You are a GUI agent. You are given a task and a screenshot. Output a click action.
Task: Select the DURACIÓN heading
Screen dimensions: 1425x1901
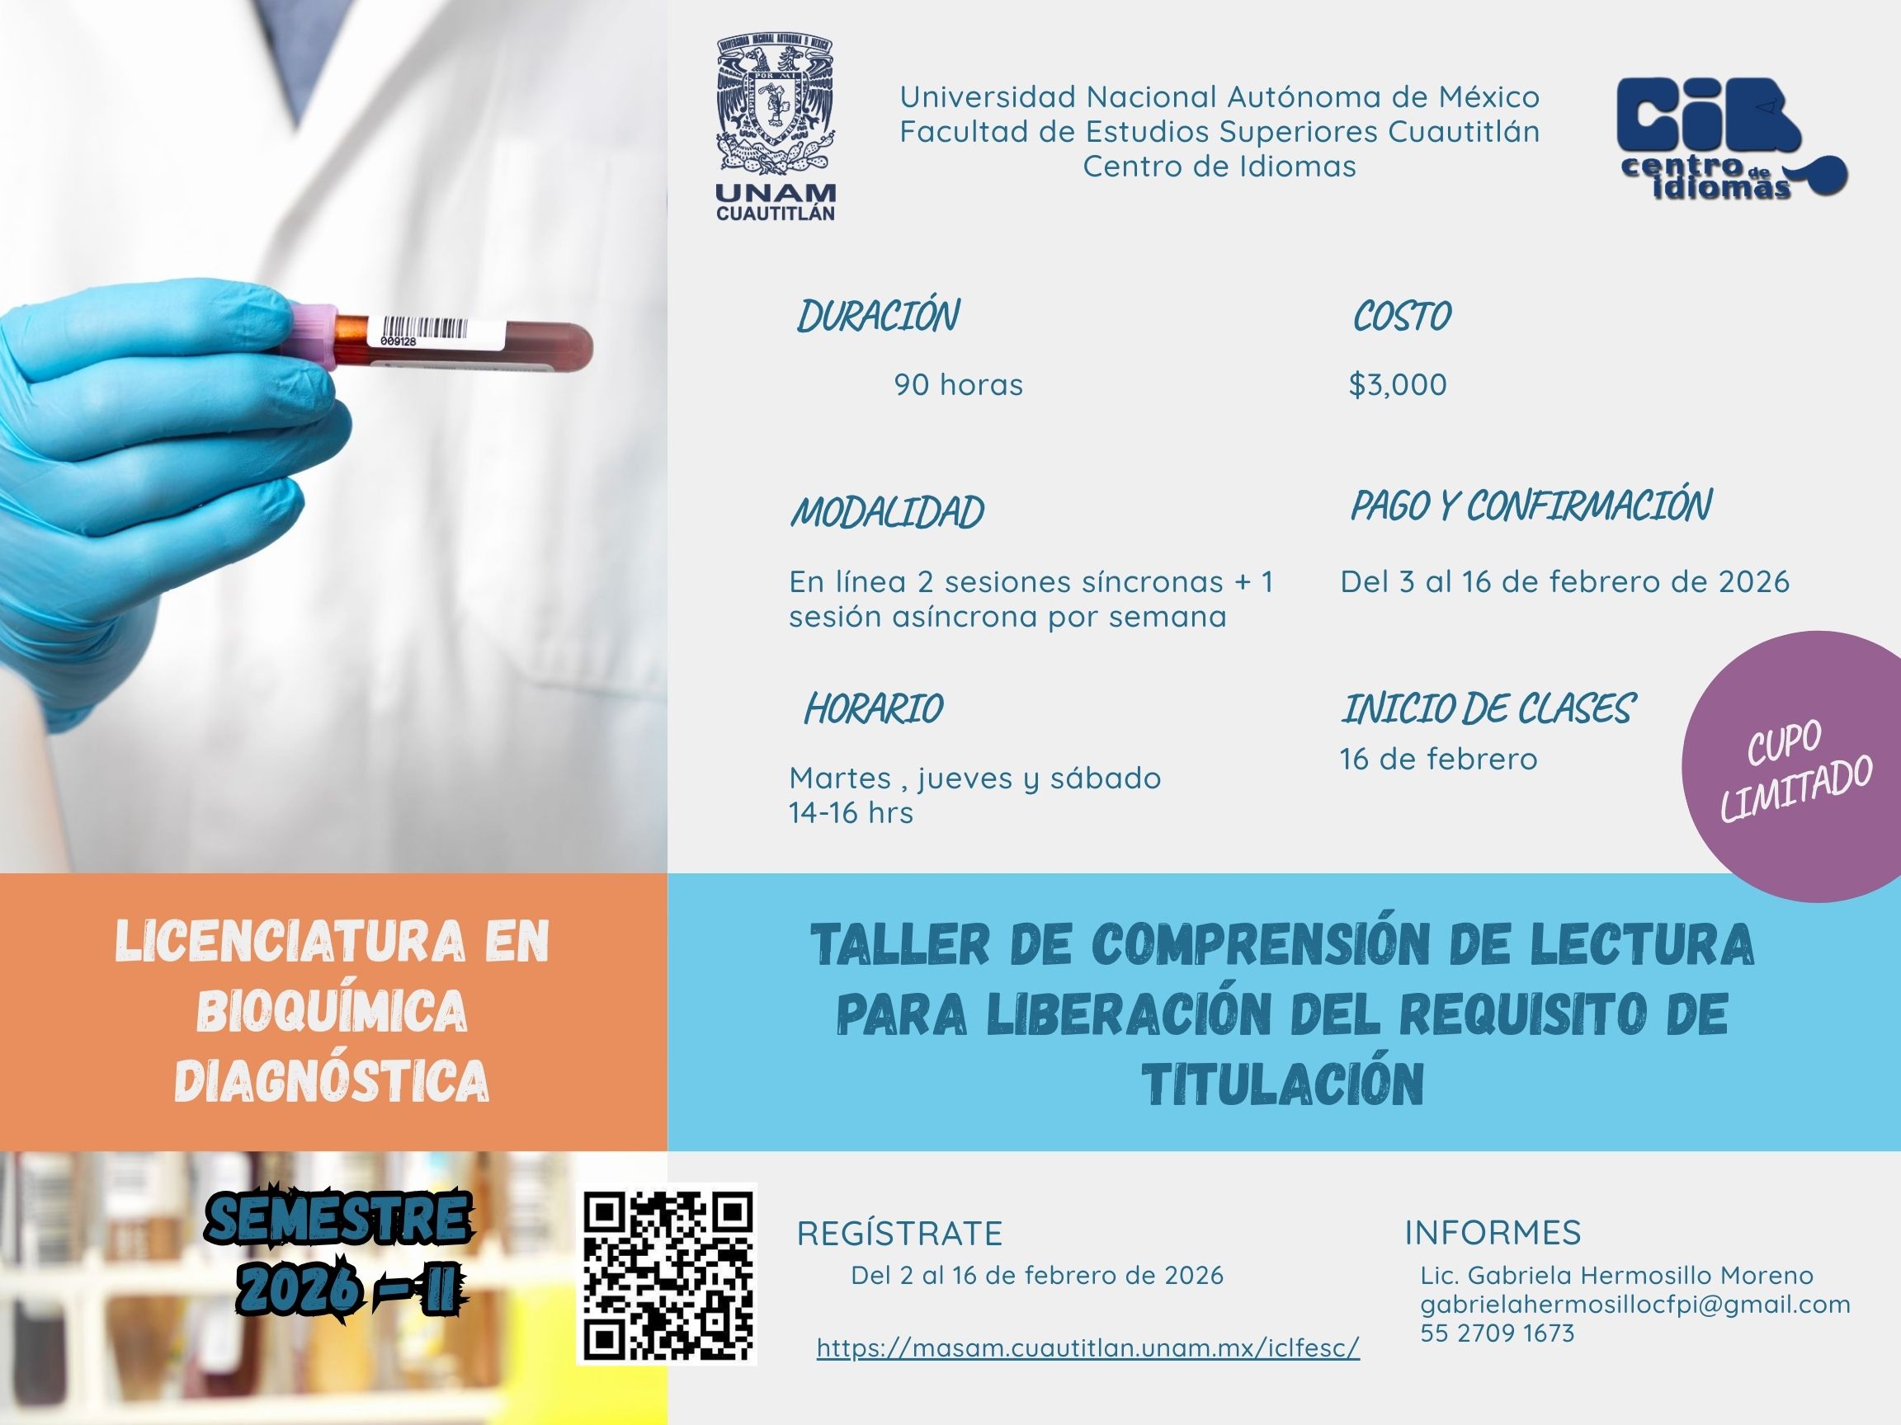coord(879,316)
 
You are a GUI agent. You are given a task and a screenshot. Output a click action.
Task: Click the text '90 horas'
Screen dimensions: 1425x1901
coord(958,385)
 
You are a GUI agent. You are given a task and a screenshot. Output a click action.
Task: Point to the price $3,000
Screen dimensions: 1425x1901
coord(1398,385)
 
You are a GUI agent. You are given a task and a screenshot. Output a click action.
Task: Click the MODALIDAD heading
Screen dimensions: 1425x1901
coord(887,513)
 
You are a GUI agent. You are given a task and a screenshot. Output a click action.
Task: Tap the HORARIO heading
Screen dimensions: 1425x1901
coord(873,709)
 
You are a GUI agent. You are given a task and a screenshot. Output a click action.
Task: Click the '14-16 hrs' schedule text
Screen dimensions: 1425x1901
coord(851,812)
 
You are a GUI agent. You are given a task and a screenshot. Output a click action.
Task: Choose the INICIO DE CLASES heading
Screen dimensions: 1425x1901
coord(1488,709)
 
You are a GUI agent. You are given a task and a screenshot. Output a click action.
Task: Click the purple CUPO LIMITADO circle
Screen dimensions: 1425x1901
coord(1792,766)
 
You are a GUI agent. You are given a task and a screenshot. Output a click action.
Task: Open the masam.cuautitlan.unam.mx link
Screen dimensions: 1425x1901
coord(1088,1347)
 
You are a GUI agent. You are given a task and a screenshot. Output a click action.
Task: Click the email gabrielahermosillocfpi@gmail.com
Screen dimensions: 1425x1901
coord(1635,1304)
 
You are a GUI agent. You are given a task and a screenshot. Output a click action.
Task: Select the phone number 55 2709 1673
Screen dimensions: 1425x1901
coord(1498,1333)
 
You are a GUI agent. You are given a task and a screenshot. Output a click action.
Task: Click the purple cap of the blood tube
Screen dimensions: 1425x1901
coord(309,336)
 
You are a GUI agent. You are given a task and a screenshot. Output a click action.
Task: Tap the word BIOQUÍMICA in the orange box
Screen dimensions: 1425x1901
coord(332,1011)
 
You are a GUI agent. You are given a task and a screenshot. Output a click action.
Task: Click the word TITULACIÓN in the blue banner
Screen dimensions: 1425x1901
coord(1283,1085)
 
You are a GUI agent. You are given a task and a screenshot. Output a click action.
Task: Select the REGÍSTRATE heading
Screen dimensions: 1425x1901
coord(900,1234)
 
